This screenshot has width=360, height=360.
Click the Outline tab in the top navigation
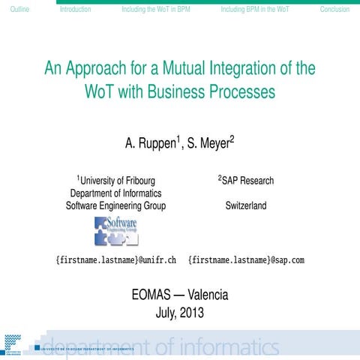pyautogui.click(x=14, y=10)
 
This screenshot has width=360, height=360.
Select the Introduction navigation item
pyautogui.click(x=75, y=10)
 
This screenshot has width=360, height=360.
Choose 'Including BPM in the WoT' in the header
pyautogui.click(x=255, y=10)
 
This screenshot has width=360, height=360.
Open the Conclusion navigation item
pyautogui.click(x=334, y=10)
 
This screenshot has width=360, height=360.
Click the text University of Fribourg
pyautogui.click(x=117, y=181)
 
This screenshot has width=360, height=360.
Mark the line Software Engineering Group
pyautogui.click(x=115, y=205)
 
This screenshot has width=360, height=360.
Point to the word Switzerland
pyautogui.click(x=245, y=205)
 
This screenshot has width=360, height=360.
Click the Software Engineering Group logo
pyautogui.click(x=115, y=230)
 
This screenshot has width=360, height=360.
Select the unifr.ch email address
pyautogui.click(x=116, y=260)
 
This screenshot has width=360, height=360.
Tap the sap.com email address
pyautogui.click(x=246, y=260)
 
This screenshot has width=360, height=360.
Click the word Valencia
pyautogui.click(x=208, y=295)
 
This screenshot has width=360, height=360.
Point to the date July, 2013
pyautogui.click(x=179, y=313)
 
